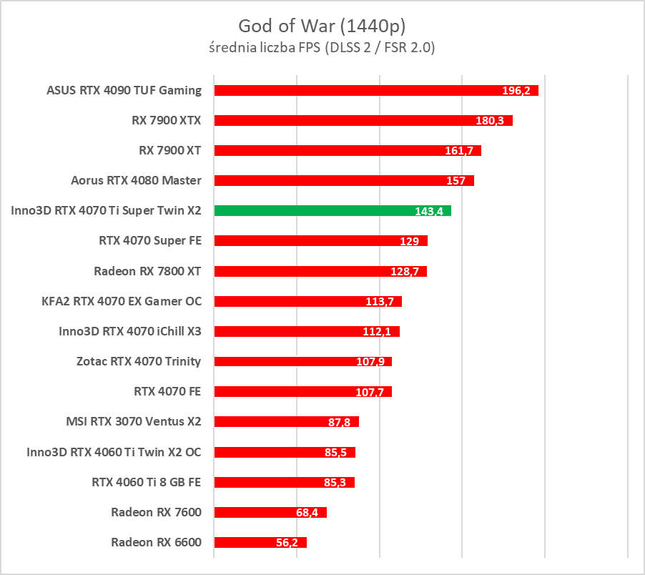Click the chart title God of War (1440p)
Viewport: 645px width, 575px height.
pyautogui.click(x=322, y=26)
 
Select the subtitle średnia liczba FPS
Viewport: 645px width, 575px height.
pyautogui.click(x=322, y=48)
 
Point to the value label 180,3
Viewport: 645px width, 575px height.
pyautogui.click(x=490, y=121)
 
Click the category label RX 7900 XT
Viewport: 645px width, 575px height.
pyautogui.click(x=170, y=150)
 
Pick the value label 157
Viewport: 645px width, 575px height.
pyautogui.click(x=456, y=181)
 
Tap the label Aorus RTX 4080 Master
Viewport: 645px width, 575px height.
pyautogui.click(x=137, y=180)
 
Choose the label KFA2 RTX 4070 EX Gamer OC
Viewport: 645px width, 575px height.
pyautogui.click(x=122, y=301)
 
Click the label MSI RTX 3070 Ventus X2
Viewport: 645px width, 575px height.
pyautogui.click(x=134, y=421)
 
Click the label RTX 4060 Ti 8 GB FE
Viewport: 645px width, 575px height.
pyautogui.click(x=147, y=481)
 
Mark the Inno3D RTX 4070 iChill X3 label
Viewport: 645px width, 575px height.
pyautogui.click(x=130, y=331)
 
